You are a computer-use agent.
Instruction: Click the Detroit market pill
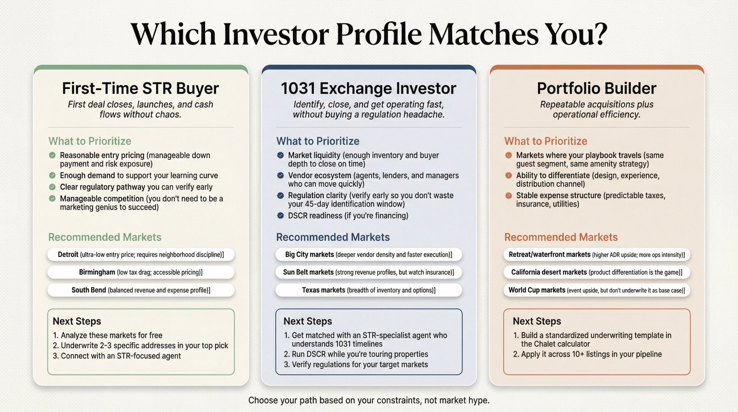(141, 254)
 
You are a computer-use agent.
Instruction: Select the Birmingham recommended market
(141, 272)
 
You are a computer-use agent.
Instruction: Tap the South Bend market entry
(141, 290)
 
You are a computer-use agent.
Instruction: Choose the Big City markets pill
(369, 254)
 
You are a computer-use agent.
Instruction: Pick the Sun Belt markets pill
(369, 272)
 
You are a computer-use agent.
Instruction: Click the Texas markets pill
(369, 290)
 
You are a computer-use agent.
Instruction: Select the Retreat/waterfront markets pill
(597, 254)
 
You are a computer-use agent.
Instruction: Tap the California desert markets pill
(597, 272)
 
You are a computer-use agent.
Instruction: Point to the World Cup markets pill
(597, 290)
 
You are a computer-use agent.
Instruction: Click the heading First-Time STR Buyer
(141, 89)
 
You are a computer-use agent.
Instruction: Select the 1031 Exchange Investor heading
(369, 89)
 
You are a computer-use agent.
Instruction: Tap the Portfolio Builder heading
(597, 89)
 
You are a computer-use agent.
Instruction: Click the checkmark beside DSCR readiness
(280, 216)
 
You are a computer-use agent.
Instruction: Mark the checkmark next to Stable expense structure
(508, 196)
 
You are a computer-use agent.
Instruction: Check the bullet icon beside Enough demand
(52, 175)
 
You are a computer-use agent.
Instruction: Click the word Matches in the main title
(484, 34)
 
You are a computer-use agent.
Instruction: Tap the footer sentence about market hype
(369, 400)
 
